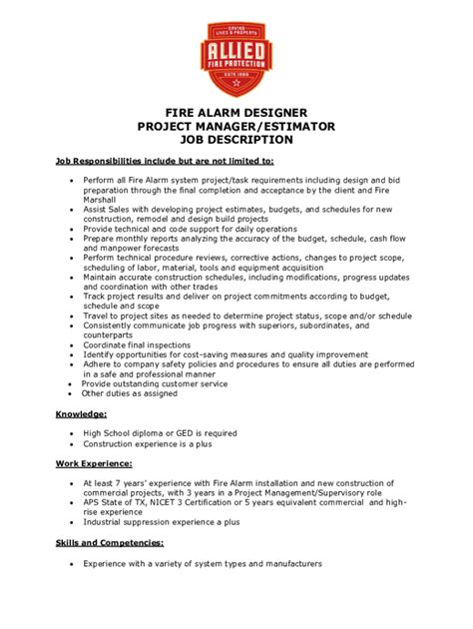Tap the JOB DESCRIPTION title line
click(236, 140)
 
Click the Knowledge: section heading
click(81, 412)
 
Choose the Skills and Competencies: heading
click(110, 543)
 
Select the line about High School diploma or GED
click(160, 433)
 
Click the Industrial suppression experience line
click(161, 521)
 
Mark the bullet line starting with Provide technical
click(192, 229)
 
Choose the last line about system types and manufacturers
click(202, 564)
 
